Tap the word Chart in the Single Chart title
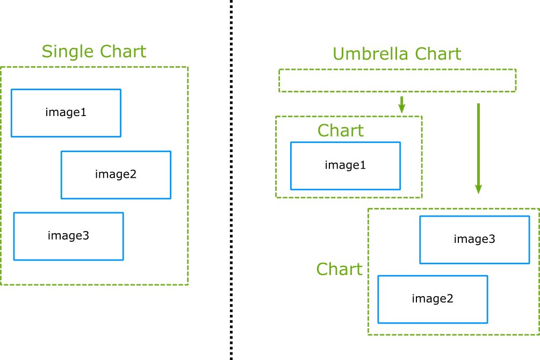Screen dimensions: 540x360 click(x=123, y=52)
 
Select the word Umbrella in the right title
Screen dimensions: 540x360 click(x=371, y=54)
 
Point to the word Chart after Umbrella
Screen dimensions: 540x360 click(x=438, y=54)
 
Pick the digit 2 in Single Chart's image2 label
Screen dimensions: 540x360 click(x=133, y=174)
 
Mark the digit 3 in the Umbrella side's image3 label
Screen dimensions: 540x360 click(x=492, y=239)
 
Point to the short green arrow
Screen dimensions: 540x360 click(x=401, y=105)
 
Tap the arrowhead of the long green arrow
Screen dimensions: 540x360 click(x=478, y=189)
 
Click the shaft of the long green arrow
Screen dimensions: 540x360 click(x=478, y=144)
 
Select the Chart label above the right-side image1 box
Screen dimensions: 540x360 click(x=341, y=131)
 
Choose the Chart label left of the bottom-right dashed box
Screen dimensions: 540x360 click(x=340, y=269)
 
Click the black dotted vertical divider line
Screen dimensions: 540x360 click(x=231, y=180)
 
